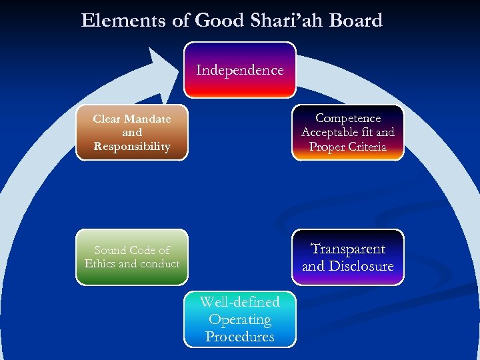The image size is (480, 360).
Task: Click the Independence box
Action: coord(239,70)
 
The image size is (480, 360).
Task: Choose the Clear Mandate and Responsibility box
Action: coord(132,133)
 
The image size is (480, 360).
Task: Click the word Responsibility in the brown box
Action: coord(132,147)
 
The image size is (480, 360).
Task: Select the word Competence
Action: coord(348,118)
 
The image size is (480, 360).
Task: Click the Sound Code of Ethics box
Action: coord(132,257)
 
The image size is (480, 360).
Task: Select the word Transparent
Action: coord(348,249)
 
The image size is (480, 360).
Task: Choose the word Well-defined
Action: coord(239,302)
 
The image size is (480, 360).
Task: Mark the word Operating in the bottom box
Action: coord(239,319)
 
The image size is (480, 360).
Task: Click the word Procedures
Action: coord(239,337)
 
